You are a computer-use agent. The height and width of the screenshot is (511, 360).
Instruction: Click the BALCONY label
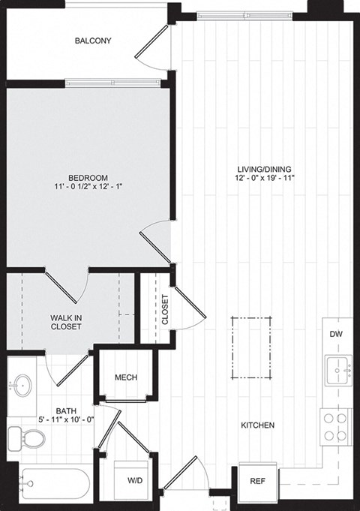click(93, 41)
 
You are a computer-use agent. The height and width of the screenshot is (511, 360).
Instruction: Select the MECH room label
click(125, 377)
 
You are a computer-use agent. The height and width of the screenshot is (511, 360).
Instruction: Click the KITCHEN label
click(257, 425)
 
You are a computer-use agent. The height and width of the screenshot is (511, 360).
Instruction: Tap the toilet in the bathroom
click(16, 437)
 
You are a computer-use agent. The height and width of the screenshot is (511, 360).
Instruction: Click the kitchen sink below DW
click(339, 369)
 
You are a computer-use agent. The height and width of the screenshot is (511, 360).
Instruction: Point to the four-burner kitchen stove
click(334, 425)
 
